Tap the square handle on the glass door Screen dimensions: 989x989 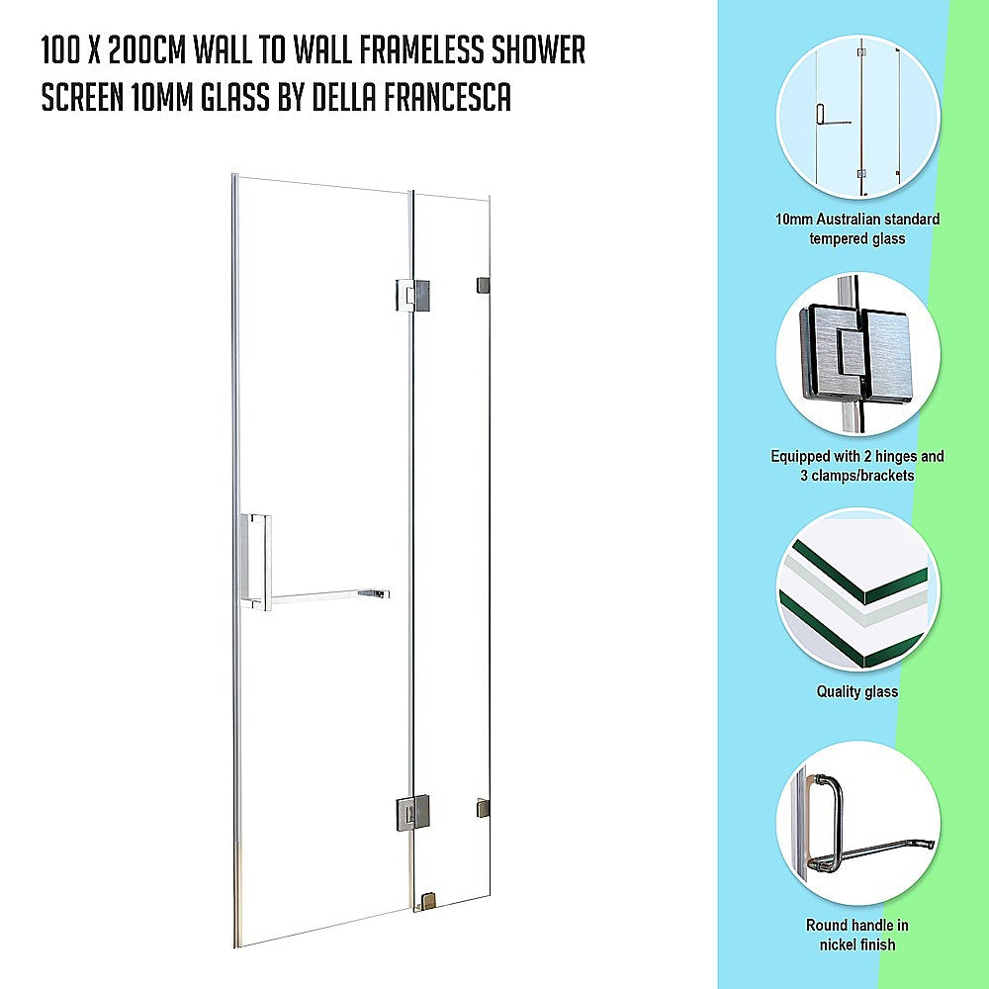(x=255, y=560)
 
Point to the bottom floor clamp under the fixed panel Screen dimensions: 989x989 (x=428, y=900)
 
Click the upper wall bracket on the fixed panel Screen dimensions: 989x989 (x=483, y=286)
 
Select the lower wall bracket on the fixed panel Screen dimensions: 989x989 (x=483, y=809)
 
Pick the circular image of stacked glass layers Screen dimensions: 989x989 (x=857, y=591)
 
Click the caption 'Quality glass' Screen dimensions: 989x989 (x=857, y=692)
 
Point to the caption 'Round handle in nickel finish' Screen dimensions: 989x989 (x=857, y=935)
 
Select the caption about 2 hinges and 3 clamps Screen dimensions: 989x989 (x=857, y=466)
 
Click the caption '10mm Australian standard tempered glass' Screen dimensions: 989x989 (x=857, y=227)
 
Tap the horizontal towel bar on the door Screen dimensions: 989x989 (x=326, y=596)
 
